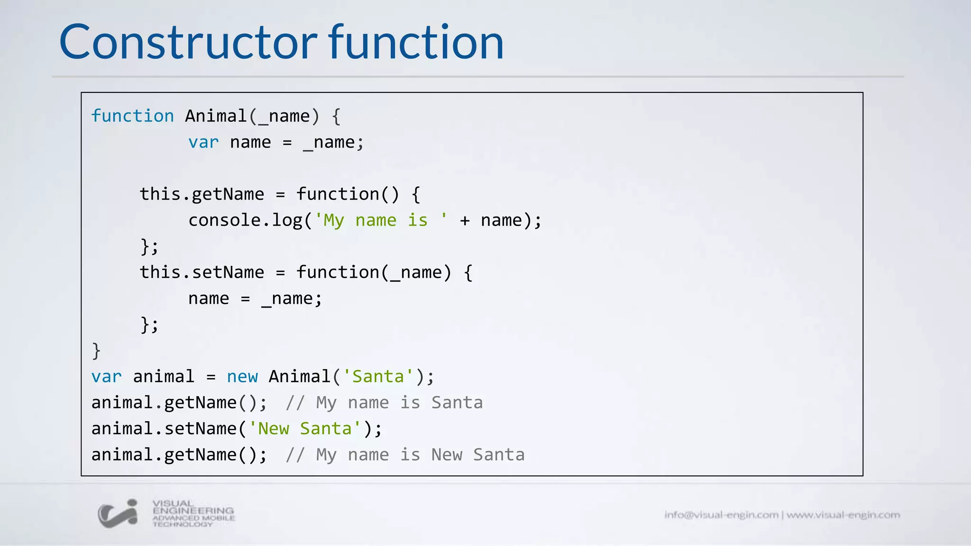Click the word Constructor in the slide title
(188, 43)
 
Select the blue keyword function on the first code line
(133, 116)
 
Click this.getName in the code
(202, 194)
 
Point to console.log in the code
(245, 220)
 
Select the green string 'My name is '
(381, 220)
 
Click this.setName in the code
(202, 273)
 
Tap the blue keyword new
(242, 377)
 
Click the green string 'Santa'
(378, 377)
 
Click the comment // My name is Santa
(384, 403)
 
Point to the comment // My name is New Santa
(405, 455)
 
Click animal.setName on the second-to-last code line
(164, 429)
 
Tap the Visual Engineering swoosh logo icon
(118, 513)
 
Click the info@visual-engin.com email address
(721, 515)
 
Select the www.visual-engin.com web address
(843, 515)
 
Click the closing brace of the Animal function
(96, 351)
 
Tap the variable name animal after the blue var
(164, 377)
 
